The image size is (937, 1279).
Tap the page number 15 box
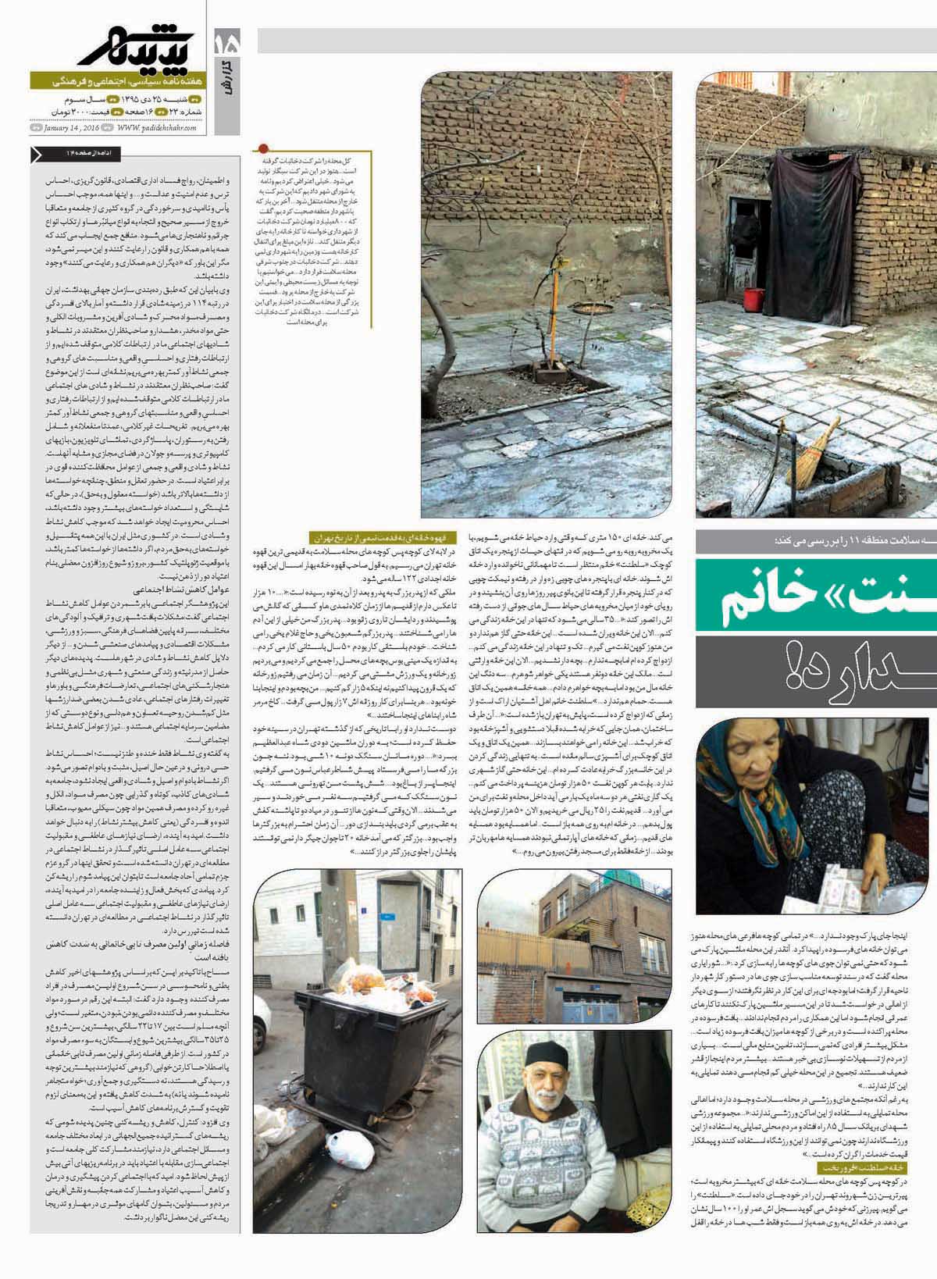click(226, 42)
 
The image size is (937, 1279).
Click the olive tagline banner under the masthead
click(117, 81)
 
